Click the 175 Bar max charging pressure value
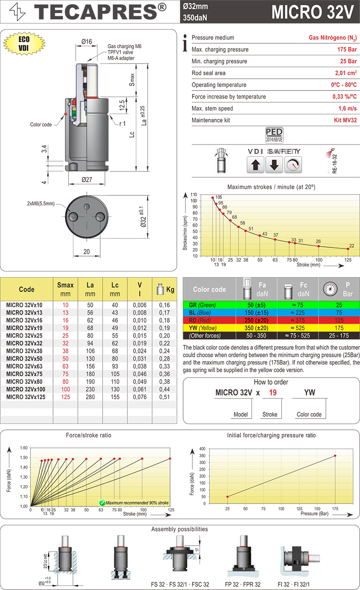(347, 50)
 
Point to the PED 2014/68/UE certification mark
(274, 135)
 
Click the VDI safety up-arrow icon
(256, 165)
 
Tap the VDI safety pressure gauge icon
(293, 165)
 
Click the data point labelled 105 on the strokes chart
(213, 198)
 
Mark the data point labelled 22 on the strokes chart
(347, 249)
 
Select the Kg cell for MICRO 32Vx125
(164, 396)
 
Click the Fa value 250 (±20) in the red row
(256, 320)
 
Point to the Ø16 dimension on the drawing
(87, 42)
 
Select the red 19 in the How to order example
(272, 393)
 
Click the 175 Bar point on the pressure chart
(335, 456)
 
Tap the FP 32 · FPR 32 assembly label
(243, 584)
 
